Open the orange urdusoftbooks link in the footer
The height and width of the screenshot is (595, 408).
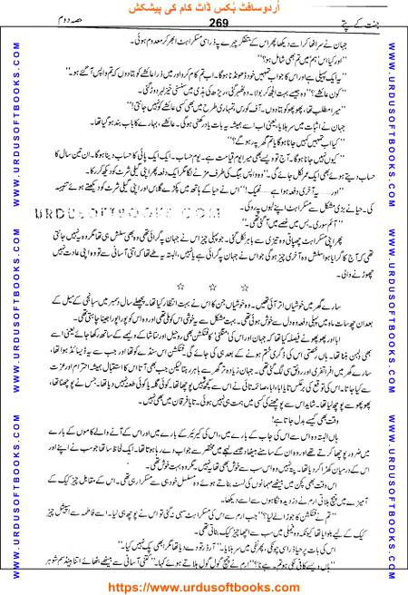(203, 583)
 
